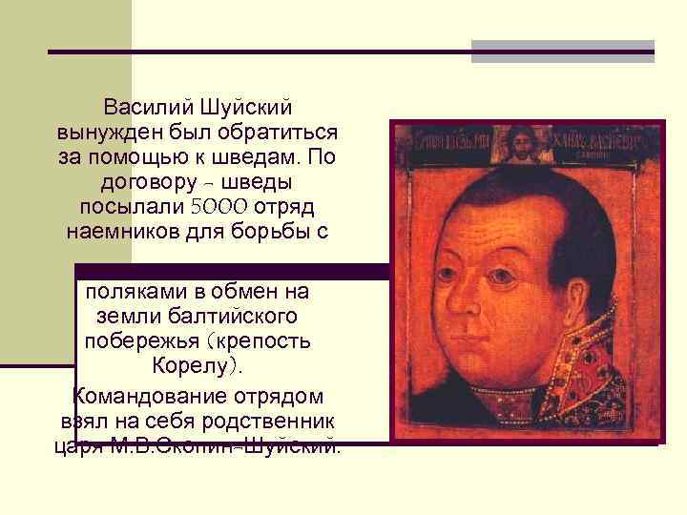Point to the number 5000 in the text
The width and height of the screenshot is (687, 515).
pyautogui.click(x=218, y=207)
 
